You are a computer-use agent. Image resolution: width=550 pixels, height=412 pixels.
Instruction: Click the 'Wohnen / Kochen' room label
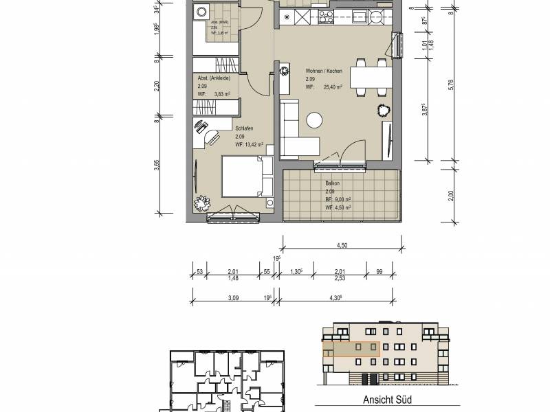(323, 71)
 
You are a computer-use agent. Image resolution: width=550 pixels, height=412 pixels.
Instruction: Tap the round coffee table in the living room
(315, 120)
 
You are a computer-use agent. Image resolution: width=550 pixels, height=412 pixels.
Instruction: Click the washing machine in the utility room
(203, 12)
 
